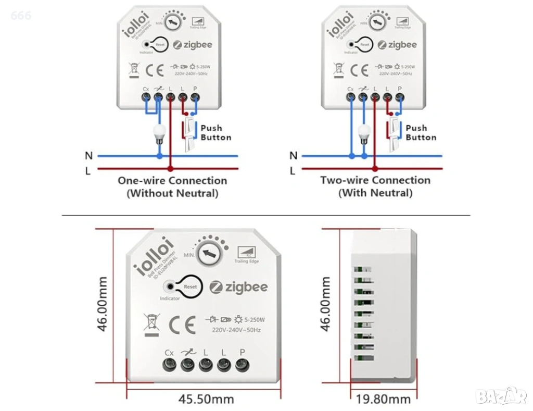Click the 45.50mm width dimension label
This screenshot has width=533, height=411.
click(x=206, y=399)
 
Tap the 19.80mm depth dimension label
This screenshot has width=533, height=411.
click(x=383, y=399)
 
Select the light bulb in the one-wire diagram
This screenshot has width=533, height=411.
click(x=160, y=134)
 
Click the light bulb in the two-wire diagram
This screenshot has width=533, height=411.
click(x=364, y=134)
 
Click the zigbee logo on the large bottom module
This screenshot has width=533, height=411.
click(x=239, y=287)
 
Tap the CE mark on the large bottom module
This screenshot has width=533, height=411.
click(x=182, y=325)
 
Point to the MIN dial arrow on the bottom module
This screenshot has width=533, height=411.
click(x=210, y=254)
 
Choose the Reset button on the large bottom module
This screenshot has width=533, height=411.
click(x=190, y=287)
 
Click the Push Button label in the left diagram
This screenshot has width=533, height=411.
click(x=215, y=132)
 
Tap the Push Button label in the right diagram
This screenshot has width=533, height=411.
click(x=421, y=132)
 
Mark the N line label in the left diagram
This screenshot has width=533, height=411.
click(x=88, y=155)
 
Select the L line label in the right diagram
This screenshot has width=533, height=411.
click(x=293, y=170)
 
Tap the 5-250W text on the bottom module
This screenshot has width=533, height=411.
click(x=255, y=319)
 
